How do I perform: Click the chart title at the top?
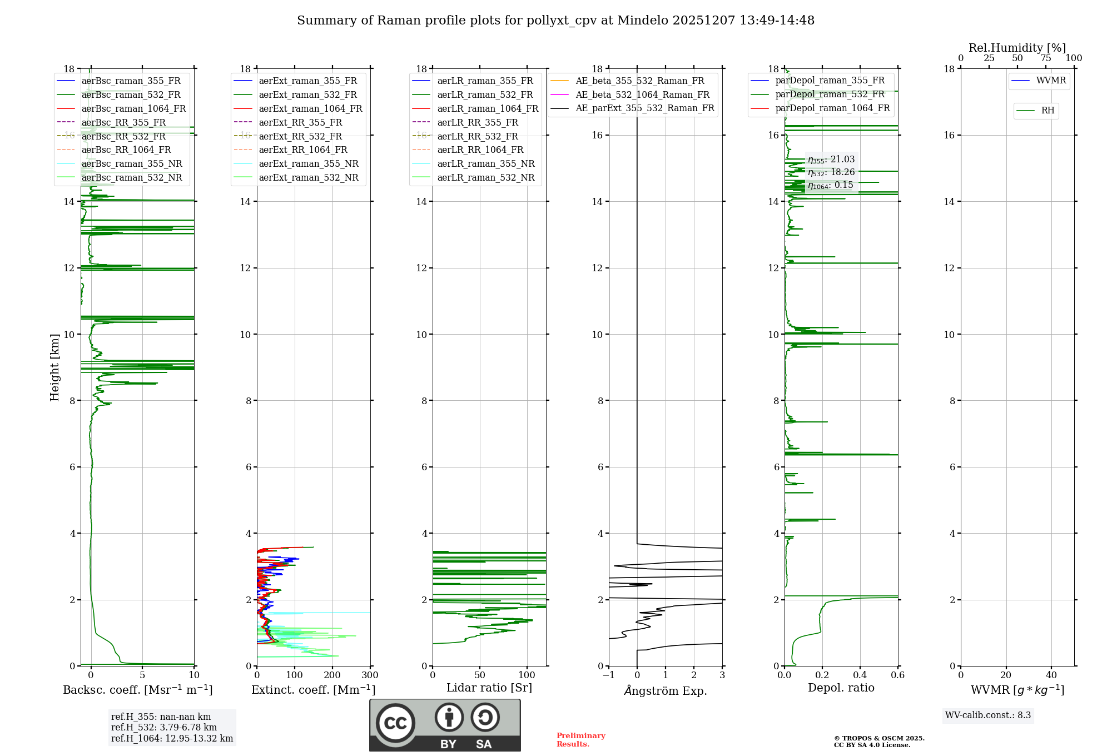click(555, 21)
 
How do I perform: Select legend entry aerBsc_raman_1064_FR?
click(133, 109)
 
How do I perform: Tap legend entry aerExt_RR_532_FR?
click(300, 136)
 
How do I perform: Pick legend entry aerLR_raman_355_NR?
click(485, 164)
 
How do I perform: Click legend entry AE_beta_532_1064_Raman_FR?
click(642, 94)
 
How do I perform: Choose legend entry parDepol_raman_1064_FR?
click(832, 108)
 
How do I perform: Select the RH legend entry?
click(1048, 111)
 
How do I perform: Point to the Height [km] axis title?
click(54, 367)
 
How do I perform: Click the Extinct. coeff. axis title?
click(313, 690)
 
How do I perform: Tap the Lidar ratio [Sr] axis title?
click(489, 688)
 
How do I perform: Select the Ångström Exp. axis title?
click(666, 690)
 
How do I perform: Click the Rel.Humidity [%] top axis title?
click(1017, 48)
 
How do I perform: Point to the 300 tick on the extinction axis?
click(370, 675)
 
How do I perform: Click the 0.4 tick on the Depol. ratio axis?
click(860, 675)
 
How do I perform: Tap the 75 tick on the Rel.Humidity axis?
click(1045, 58)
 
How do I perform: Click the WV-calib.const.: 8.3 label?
click(988, 715)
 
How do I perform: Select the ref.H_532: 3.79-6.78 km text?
click(164, 728)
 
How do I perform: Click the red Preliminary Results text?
click(580, 740)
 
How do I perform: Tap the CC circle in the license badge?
click(395, 723)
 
